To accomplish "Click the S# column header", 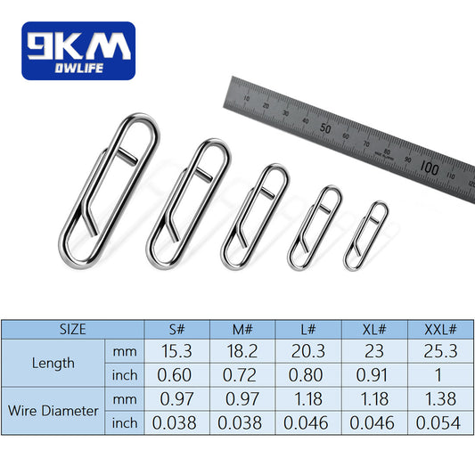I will coord(177,329).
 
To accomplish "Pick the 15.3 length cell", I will coord(177,350).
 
